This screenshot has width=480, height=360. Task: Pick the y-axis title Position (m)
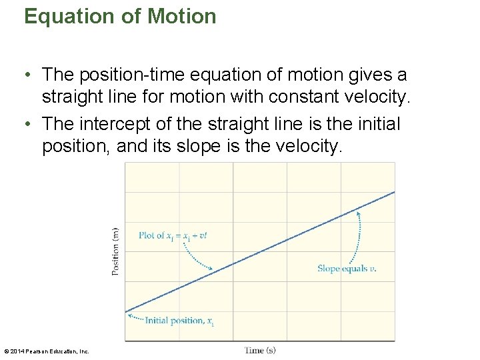pyautogui.click(x=115, y=251)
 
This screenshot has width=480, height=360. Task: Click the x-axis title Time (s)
pyautogui.click(x=260, y=350)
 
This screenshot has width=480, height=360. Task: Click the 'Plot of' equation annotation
pyautogui.click(x=177, y=235)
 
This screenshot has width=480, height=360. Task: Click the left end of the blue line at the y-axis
pyautogui.click(x=126, y=312)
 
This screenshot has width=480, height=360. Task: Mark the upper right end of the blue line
pyautogui.click(x=393, y=193)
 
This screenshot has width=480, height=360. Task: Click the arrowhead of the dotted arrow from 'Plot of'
pyautogui.click(x=211, y=269)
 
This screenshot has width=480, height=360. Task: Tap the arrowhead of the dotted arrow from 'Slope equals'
pyautogui.click(x=357, y=213)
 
